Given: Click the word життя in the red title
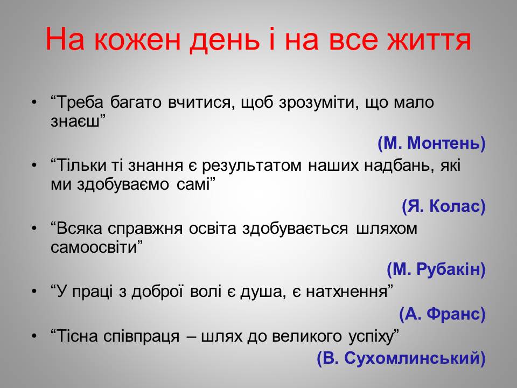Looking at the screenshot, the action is pyautogui.click(x=429, y=39).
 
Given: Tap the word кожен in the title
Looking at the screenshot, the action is pyautogui.click(x=137, y=39).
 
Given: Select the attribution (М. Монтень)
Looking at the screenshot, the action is pyautogui.click(x=431, y=143).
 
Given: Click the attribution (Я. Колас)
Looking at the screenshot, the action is pyautogui.click(x=444, y=206).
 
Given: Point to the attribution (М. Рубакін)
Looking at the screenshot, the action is pyautogui.click(x=436, y=269).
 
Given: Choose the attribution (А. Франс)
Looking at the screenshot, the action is pyautogui.click(x=443, y=314).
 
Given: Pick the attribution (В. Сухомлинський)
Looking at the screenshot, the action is pyautogui.click(x=401, y=358).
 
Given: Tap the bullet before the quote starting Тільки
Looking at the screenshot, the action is pyautogui.click(x=34, y=165).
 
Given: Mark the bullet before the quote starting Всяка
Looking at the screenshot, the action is pyautogui.click(x=34, y=228).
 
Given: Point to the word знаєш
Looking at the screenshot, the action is pyautogui.click(x=75, y=121).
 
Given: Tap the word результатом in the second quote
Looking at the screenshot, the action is pyautogui.click(x=251, y=166).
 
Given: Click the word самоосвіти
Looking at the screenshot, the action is pyautogui.click(x=94, y=247).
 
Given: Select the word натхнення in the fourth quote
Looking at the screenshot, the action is pyautogui.click(x=346, y=292).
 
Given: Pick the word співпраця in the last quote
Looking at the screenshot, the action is pyautogui.click(x=142, y=337).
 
